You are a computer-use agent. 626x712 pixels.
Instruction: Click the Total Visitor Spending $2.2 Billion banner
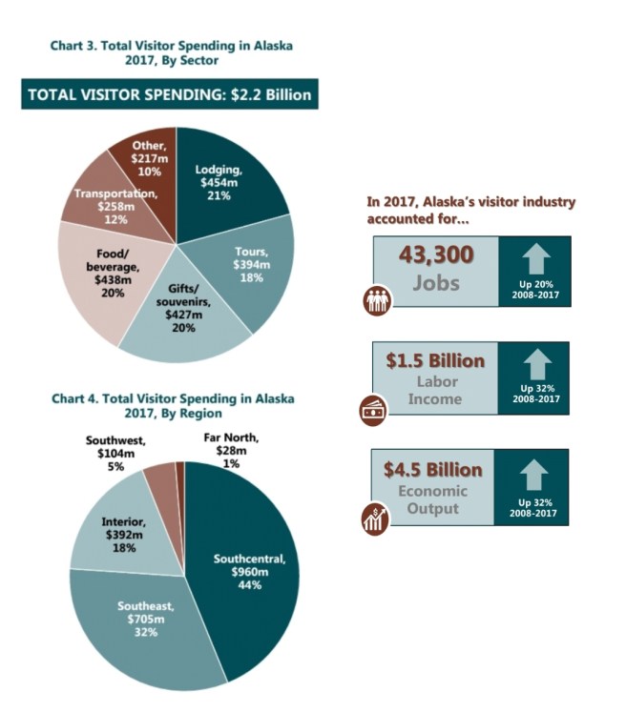167,94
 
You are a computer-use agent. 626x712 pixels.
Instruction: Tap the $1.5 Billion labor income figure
434,362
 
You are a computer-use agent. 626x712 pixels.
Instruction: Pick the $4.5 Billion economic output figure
433,470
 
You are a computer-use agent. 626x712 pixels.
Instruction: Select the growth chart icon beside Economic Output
375,519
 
